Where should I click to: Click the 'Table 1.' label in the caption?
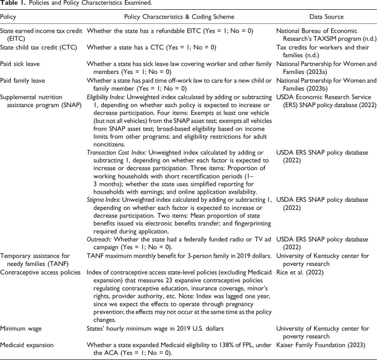tap(12, 4)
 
